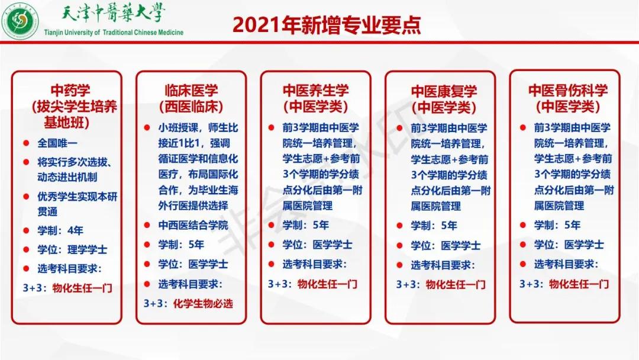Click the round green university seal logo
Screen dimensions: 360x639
pyautogui.click(x=21, y=22)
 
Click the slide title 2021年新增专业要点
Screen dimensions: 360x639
pyautogui.click(x=326, y=25)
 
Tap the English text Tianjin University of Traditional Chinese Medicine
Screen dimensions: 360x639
pyautogui.click(x=114, y=32)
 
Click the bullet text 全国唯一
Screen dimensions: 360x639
pyautogui.click(x=57, y=143)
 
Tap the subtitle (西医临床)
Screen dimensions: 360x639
pyautogui.click(x=190, y=107)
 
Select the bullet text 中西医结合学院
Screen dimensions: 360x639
pyautogui.click(x=193, y=225)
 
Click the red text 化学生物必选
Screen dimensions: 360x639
pyautogui.click(x=203, y=304)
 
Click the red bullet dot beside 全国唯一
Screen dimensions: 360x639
pyautogui.click(x=27, y=143)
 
